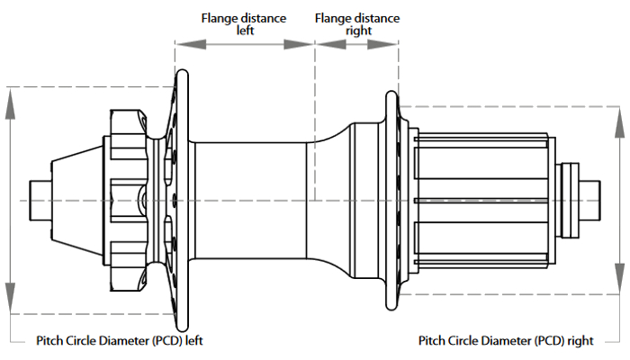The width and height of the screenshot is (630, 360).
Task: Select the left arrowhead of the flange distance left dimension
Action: pyautogui.click(x=182, y=43)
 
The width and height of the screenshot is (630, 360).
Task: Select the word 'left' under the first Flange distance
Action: pyautogui.click(x=246, y=30)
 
